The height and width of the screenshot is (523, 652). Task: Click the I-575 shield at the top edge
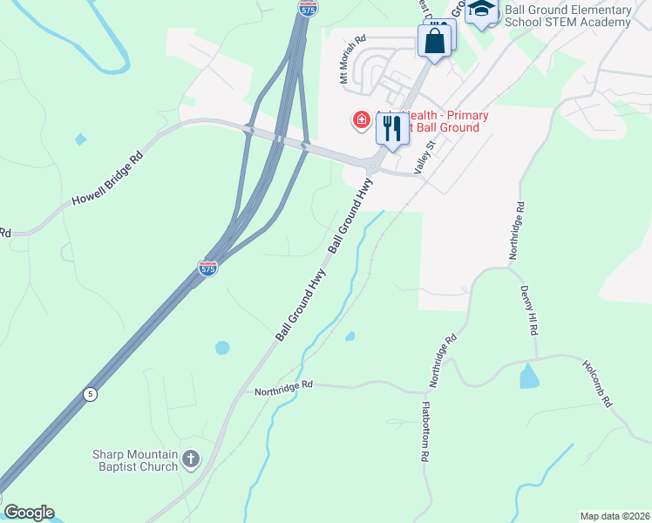coord(308,7)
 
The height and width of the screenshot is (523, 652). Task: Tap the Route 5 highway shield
coord(90,394)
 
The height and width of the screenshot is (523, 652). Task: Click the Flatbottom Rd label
coord(425,431)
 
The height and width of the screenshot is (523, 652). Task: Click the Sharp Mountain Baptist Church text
coord(135,460)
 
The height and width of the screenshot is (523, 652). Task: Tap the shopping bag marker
coord(435,40)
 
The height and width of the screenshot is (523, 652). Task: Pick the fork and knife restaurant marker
coord(392,129)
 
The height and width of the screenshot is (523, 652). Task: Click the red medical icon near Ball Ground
coord(360,119)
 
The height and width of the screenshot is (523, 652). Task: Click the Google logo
coord(29,513)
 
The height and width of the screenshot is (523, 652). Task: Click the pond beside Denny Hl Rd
coord(529,376)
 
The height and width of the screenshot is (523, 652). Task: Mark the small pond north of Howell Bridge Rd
coord(81,139)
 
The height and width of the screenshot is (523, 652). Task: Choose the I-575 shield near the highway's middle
coord(208,268)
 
